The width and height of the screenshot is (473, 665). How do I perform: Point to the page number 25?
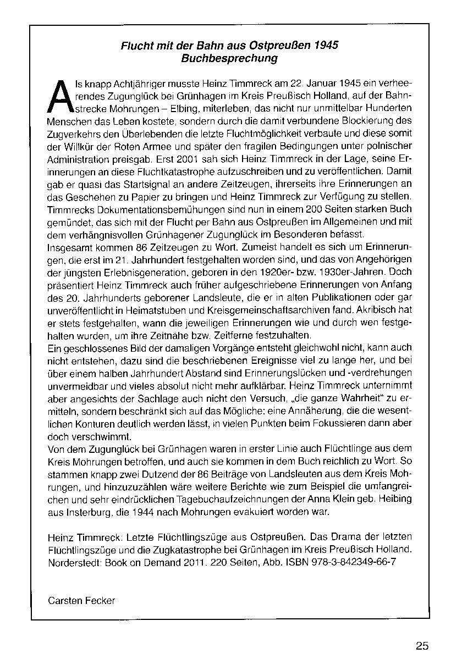(422, 646)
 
